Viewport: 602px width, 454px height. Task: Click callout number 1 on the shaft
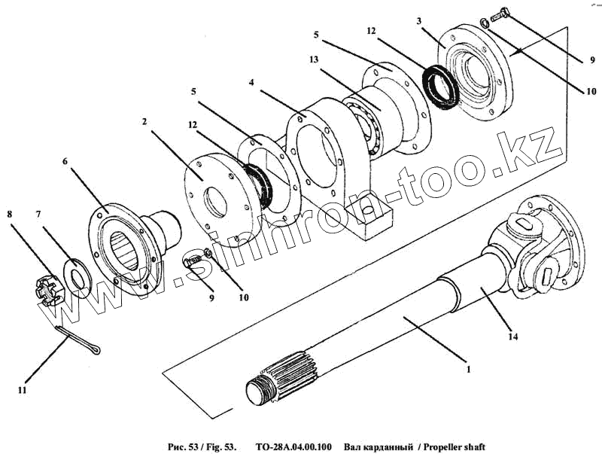(468, 370)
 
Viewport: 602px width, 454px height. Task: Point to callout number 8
(10, 213)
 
